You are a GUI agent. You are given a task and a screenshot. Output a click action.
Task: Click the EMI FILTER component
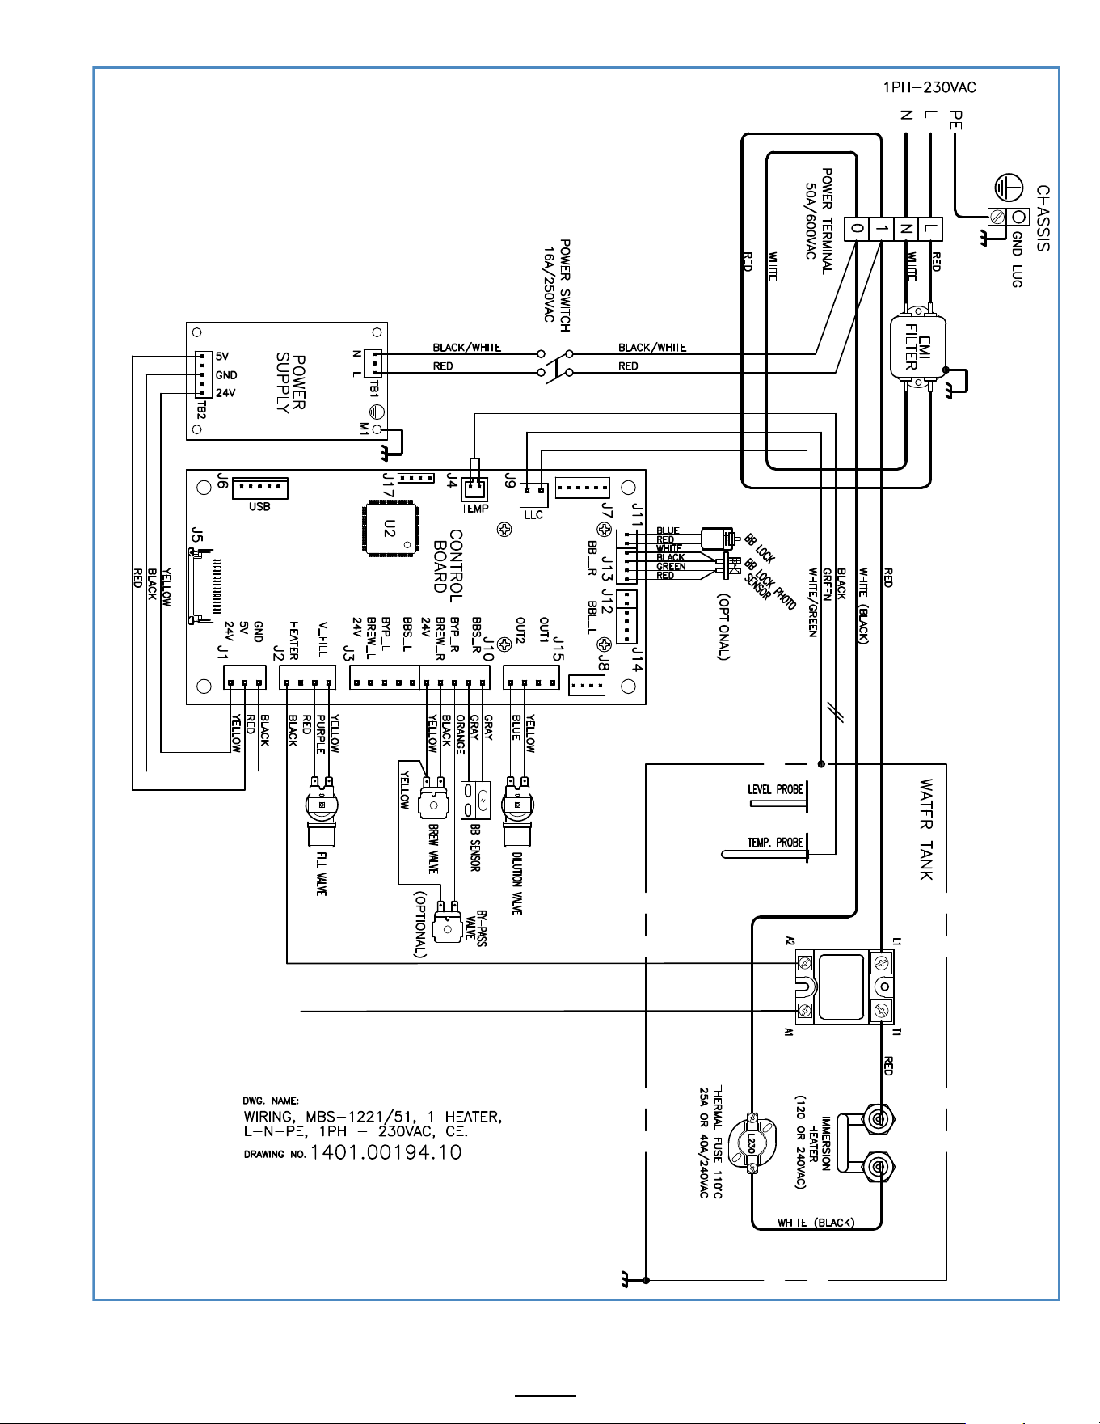[917, 347]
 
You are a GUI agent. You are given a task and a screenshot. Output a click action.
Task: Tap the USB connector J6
[259, 488]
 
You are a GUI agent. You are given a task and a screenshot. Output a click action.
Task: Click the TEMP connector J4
[474, 488]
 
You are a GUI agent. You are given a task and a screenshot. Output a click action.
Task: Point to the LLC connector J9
[533, 492]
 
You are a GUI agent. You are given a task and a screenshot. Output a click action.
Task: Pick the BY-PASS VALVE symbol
[447, 922]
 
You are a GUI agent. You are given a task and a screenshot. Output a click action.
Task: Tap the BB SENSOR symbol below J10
[475, 800]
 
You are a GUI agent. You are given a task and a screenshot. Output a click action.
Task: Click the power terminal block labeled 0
[856, 229]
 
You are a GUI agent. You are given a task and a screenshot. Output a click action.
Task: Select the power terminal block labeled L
[931, 229]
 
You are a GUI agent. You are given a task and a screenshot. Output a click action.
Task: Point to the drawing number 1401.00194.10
[386, 1152]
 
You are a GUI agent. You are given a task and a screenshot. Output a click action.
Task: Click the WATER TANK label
[926, 830]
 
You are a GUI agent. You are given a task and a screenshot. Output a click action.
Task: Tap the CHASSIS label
[1043, 218]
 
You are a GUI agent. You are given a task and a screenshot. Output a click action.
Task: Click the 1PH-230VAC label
[929, 87]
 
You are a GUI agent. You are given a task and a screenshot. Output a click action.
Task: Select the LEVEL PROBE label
[775, 789]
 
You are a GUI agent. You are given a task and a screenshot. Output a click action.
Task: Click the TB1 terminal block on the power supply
[373, 363]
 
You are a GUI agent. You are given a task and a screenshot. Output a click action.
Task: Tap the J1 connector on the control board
[245, 678]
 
